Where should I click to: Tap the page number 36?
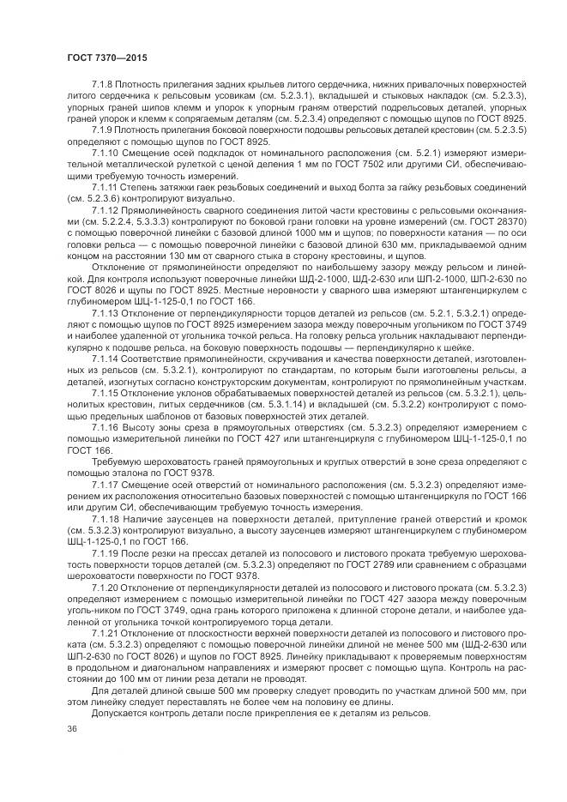point(72,728)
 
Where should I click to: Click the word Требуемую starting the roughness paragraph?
point(118,461)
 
